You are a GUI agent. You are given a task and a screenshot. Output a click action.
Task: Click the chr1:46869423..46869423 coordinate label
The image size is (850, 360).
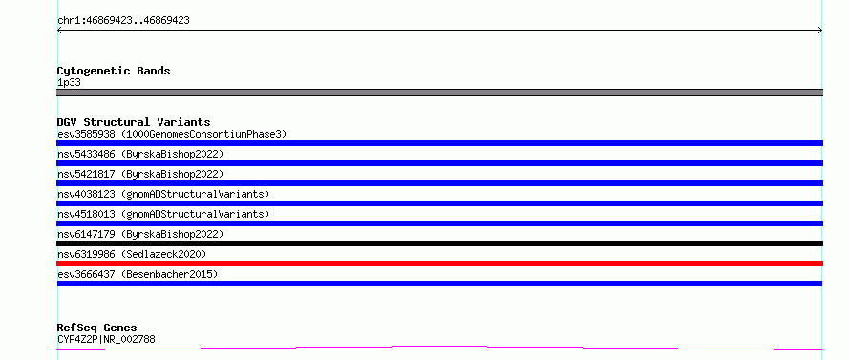[x=123, y=21]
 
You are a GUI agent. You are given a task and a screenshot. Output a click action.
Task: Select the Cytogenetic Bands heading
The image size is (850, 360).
[x=114, y=71]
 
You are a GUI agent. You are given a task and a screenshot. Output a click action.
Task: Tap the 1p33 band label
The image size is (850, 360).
[x=70, y=83]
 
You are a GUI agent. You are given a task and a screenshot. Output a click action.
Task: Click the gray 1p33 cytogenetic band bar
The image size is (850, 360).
[x=439, y=93]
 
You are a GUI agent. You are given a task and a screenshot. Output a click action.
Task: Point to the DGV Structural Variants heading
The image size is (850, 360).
[x=134, y=122]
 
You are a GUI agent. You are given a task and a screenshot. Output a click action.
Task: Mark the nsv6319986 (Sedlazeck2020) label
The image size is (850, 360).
[x=132, y=254]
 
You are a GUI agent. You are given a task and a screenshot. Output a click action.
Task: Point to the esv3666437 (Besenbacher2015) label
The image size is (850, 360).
[x=138, y=274]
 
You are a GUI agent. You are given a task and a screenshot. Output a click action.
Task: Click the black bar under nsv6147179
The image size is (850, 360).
[x=439, y=244]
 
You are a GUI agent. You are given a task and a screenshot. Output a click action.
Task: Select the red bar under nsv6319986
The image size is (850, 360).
[x=439, y=264]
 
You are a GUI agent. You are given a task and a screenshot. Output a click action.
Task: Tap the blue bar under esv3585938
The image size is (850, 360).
[x=439, y=143]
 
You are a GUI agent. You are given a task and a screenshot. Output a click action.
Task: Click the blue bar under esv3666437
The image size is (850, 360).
[x=439, y=284]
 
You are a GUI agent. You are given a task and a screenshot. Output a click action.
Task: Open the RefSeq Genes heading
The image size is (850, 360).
[x=97, y=328]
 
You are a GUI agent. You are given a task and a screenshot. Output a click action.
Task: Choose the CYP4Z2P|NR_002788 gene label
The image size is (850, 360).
[x=106, y=340]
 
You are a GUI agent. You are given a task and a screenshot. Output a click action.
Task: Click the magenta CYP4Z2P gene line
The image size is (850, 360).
[x=439, y=348]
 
